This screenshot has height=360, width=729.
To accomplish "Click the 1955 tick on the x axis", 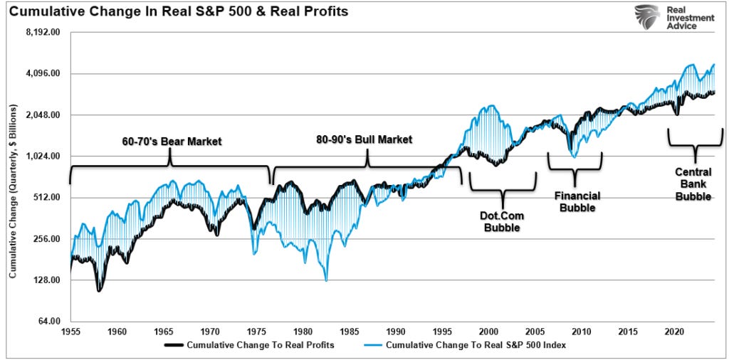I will tap(71, 332).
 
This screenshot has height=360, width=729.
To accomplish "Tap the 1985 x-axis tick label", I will tap(350, 332).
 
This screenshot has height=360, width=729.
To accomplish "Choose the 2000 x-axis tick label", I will tap(488, 332).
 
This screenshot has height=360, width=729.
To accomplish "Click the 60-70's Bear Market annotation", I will tap(172, 141).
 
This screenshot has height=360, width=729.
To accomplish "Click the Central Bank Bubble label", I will tap(693, 184).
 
